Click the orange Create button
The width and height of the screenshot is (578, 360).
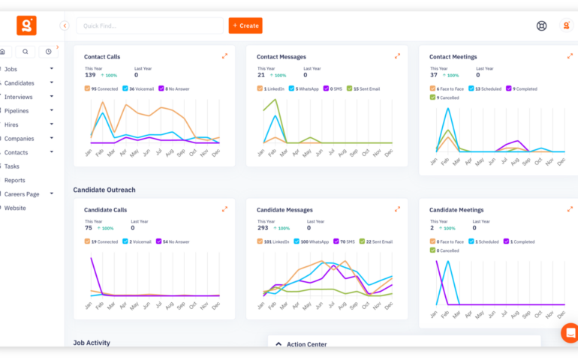coord(245,25)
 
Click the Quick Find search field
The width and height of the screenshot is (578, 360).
coord(149,25)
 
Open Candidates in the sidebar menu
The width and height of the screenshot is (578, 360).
coord(20,82)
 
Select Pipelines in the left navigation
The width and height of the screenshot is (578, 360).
coord(17,110)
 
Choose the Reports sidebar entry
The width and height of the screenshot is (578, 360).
coord(15,180)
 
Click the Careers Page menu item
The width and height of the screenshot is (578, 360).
coord(23,193)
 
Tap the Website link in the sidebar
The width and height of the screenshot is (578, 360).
coord(15,208)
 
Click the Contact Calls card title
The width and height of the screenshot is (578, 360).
coord(102,57)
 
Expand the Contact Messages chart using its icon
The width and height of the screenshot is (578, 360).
coord(397,56)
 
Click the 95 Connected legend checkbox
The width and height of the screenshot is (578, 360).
coord(88,88)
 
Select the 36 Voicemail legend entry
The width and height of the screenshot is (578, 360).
coord(125,88)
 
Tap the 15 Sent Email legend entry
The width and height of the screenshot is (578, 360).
coord(349,88)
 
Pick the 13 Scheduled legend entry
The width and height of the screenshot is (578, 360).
coord(471,88)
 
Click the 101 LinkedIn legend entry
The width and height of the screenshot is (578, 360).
coord(260,241)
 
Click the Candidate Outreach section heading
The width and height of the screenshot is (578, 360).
coord(104,190)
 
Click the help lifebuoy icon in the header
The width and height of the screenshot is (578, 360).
coord(541,25)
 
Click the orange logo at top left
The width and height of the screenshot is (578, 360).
coord(26,25)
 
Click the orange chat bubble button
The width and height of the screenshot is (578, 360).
coord(570,333)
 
